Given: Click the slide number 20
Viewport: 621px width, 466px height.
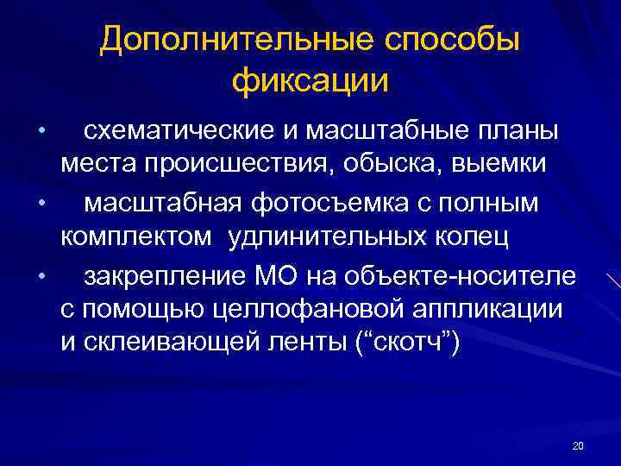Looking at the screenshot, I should (578, 445).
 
